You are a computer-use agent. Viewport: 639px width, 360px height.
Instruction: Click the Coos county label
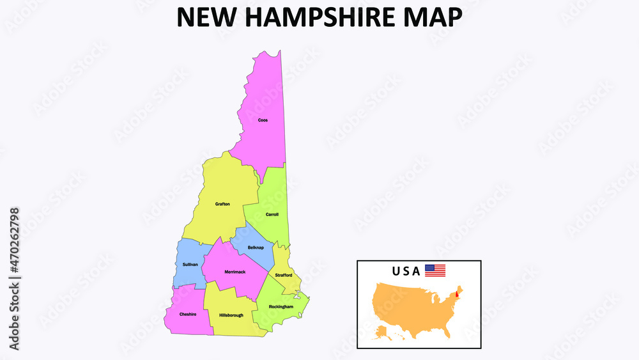tap(263, 120)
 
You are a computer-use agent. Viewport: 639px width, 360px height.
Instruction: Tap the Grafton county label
tap(222, 204)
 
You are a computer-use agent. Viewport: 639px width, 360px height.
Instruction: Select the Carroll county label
tap(272, 214)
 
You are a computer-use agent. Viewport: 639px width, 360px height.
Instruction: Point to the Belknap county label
tap(256, 247)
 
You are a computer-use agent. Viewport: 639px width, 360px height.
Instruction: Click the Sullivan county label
tap(190, 264)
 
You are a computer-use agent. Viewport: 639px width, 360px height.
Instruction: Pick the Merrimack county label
tap(235, 272)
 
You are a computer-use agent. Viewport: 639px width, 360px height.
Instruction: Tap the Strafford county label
tap(284, 275)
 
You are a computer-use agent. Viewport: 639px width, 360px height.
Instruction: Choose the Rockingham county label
tap(281, 307)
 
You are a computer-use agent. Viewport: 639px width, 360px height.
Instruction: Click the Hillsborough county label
tap(231, 315)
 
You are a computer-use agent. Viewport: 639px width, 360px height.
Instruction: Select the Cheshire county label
tap(188, 314)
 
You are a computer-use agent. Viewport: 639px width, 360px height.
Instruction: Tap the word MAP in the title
tap(435, 17)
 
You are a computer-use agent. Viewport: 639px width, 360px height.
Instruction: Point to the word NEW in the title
tap(202, 17)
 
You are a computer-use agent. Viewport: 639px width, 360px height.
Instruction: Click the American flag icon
tap(435, 270)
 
